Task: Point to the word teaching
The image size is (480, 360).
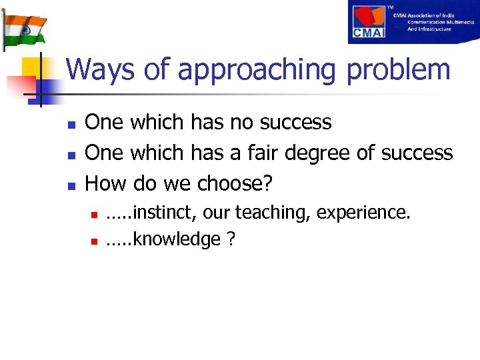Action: click(273, 213)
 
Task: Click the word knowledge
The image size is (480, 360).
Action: click(177, 239)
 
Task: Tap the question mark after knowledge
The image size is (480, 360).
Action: click(231, 239)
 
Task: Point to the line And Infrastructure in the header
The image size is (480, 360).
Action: click(429, 29)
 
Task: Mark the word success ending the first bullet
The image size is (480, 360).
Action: click(295, 122)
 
